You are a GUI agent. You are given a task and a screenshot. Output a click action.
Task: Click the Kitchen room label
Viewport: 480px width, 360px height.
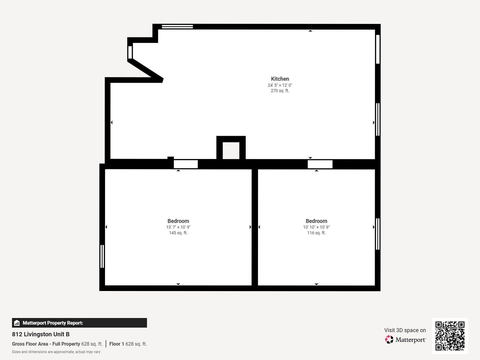pyautogui.click(x=280, y=79)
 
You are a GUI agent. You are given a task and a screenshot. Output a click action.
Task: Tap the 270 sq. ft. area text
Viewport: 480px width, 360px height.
pyautogui.click(x=280, y=91)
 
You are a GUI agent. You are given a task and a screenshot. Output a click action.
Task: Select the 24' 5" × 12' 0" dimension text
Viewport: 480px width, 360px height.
pyautogui.click(x=280, y=85)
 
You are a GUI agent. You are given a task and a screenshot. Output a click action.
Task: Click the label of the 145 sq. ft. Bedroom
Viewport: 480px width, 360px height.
pyautogui.click(x=178, y=221)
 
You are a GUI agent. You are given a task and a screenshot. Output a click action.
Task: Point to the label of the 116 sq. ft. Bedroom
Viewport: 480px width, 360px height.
pyautogui.click(x=316, y=221)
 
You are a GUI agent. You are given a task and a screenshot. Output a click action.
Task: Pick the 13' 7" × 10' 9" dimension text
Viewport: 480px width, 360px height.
pyautogui.click(x=178, y=227)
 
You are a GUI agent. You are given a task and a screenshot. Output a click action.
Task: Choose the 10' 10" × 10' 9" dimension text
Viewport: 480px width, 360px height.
pyautogui.click(x=316, y=227)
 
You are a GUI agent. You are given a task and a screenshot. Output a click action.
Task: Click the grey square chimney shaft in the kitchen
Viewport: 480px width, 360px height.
pyautogui.click(x=231, y=150)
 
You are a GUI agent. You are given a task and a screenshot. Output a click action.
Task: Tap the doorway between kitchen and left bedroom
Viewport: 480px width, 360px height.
pyautogui.click(x=186, y=164)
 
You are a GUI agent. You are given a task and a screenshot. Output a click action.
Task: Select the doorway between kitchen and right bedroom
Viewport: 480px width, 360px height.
pyautogui.click(x=320, y=164)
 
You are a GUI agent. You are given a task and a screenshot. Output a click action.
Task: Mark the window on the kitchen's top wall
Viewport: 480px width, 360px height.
pyautogui.click(x=177, y=27)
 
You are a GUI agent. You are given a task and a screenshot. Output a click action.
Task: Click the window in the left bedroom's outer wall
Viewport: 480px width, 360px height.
pyautogui.click(x=102, y=256)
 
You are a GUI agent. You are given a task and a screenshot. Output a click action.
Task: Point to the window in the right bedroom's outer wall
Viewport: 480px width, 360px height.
pyautogui.click(x=378, y=234)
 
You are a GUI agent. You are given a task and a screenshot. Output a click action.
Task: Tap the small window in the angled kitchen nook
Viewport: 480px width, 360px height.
pyautogui.click(x=130, y=52)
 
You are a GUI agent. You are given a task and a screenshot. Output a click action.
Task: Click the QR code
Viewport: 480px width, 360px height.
pyautogui.click(x=450, y=336)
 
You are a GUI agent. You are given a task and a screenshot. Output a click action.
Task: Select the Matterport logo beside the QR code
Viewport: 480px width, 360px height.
pyautogui.click(x=405, y=340)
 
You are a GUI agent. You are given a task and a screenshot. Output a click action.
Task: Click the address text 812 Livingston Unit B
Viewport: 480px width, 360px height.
pyautogui.click(x=41, y=334)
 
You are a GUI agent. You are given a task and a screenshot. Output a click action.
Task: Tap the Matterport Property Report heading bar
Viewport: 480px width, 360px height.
pyautogui.click(x=79, y=323)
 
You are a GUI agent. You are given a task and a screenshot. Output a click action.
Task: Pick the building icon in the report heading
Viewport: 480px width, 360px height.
pyautogui.click(x=17, y=323)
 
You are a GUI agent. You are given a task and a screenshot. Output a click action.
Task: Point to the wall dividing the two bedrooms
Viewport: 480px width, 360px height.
pyautogui.click(x=255, y=227)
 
